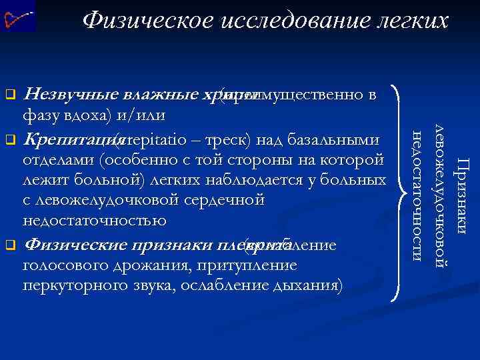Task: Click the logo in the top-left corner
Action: pyautogui.click(x=18, y=17)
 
